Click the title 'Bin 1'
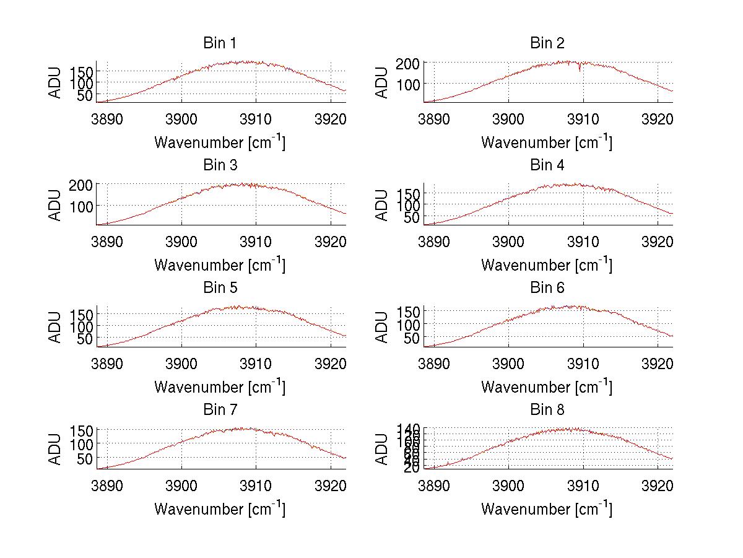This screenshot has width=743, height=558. coord(220,43)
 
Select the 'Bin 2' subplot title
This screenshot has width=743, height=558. coord(547,43)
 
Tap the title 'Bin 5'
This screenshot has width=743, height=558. coord(220,288)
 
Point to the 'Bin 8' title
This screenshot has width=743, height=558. coord(547,410)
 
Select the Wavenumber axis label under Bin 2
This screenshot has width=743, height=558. coord(547,142)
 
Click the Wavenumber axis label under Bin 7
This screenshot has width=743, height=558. coord(220,508)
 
